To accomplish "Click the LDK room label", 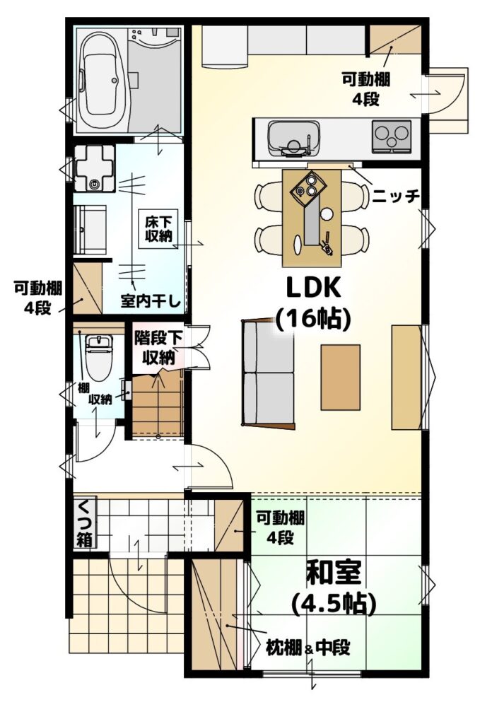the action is coord(313,288).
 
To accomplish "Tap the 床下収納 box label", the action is coord(159,228).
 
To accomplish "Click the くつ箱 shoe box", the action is coord(84,522).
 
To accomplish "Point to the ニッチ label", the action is coord(396,196).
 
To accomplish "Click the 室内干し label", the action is coord(151,300).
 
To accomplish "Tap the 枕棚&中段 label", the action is coord(308,648).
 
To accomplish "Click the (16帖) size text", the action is coord(313,319).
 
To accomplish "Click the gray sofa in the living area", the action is coord(269,372).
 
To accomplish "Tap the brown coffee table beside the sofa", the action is coord(341,378).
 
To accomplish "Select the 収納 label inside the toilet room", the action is coord(100,399).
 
